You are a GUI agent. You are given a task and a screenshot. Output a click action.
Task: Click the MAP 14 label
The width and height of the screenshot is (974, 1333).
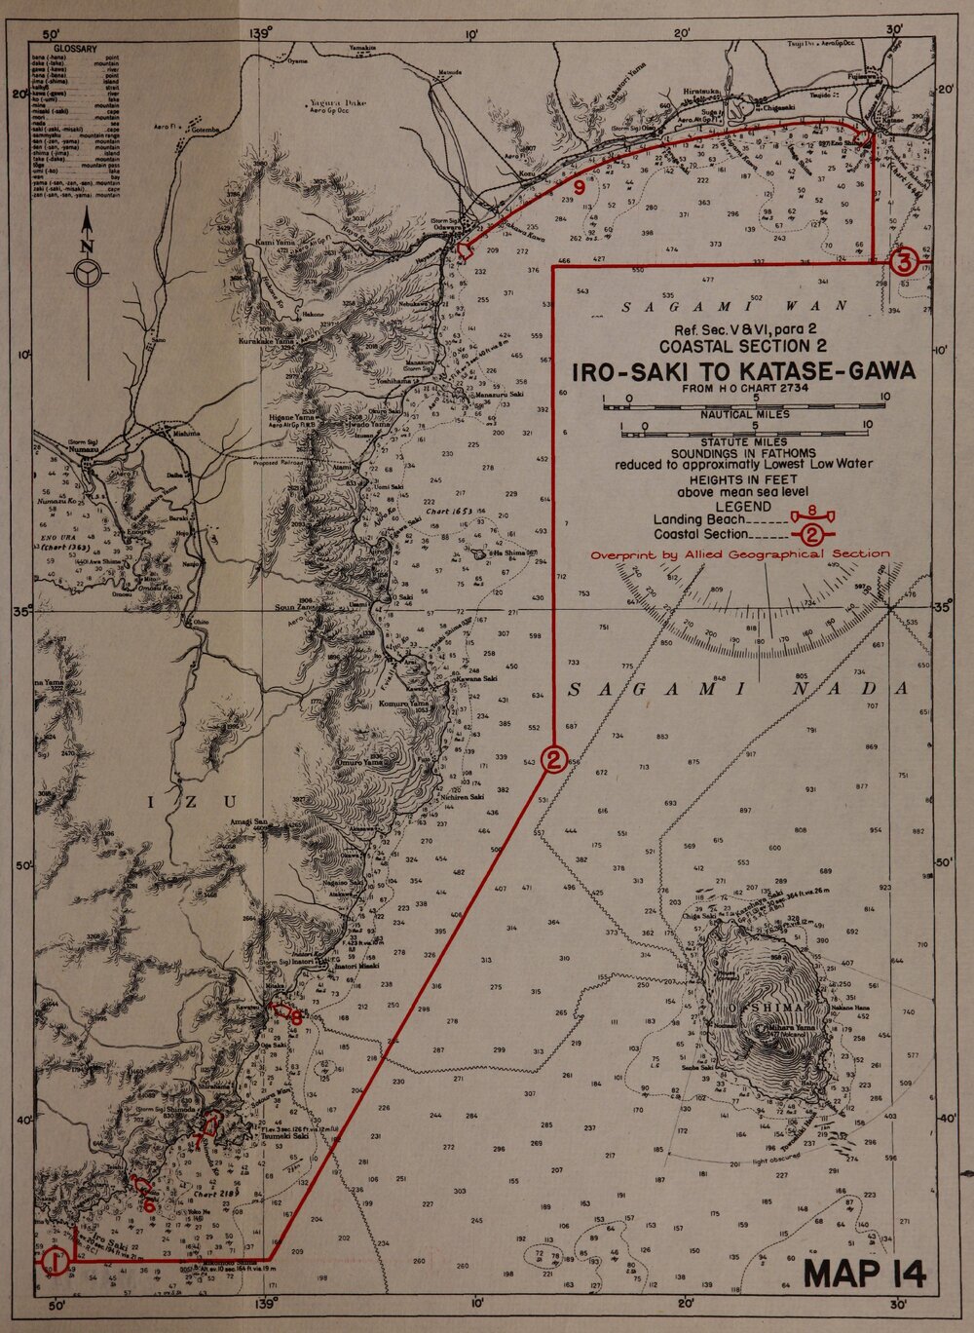tap(865, 1273)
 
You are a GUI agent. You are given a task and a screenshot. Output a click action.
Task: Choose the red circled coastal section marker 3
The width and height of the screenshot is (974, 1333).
tap(904, 261)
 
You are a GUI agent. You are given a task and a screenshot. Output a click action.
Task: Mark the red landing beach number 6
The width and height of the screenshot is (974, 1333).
tap(149, 1204)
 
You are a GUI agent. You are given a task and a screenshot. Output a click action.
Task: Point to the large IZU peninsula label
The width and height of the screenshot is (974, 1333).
tap(194, 802)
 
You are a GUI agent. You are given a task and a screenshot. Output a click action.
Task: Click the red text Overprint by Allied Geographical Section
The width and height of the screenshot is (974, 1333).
tap(740, 553)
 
